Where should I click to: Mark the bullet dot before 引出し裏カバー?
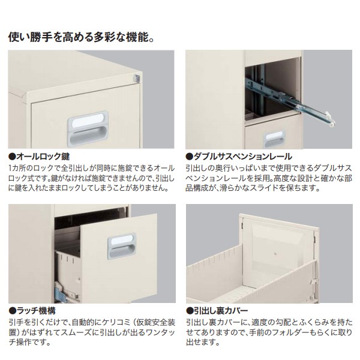189,311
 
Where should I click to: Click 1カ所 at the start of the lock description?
17,166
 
